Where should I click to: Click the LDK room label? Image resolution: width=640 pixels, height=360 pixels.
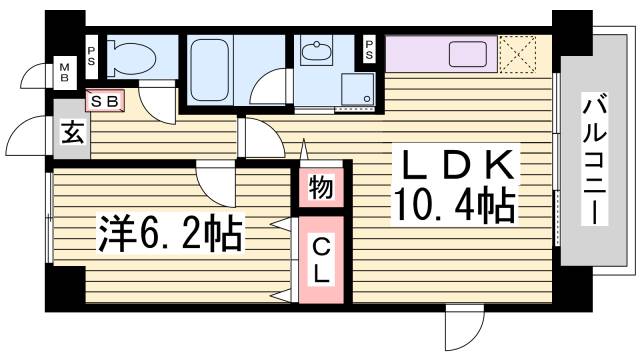[x=459, y=164]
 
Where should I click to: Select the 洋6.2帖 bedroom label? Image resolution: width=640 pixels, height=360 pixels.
[x=169, y=235]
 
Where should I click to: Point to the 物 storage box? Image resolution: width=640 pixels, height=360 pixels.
[x=320, y=187]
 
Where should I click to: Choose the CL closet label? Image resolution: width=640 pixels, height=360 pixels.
[x=320, y=257]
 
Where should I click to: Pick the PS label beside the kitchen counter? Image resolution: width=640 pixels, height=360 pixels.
[x=370, y=47]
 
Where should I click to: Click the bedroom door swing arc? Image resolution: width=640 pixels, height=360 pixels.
[x=215, y=183]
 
